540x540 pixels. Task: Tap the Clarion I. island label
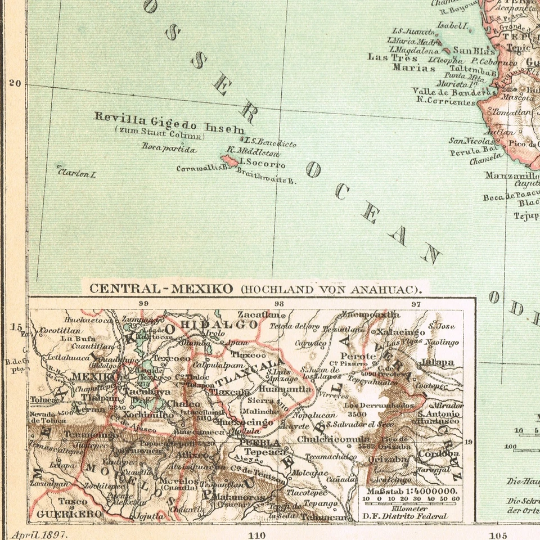76,173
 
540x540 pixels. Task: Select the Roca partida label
169,149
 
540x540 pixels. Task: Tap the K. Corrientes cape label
445,102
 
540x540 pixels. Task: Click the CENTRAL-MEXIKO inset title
161,289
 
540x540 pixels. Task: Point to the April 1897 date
39,534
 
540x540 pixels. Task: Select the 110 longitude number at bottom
256,534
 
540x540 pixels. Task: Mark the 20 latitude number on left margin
15,83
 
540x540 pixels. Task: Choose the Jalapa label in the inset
436,362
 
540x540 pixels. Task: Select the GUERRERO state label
69,514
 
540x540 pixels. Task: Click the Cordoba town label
438,453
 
